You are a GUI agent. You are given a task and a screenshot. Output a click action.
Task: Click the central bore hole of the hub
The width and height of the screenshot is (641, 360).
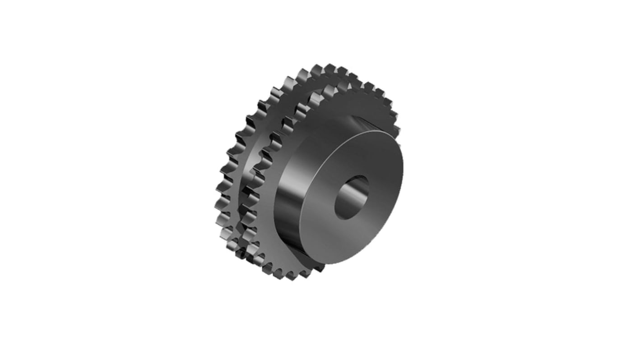click(x=351, y=198)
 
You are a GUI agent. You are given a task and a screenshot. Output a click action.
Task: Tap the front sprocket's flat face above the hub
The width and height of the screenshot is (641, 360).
click(x=348, y=108)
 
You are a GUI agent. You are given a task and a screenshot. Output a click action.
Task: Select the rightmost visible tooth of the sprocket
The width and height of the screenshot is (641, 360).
click(x=396, y=131)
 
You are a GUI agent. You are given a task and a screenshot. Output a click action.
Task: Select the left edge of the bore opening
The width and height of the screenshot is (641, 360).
click(x=335, y=203)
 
